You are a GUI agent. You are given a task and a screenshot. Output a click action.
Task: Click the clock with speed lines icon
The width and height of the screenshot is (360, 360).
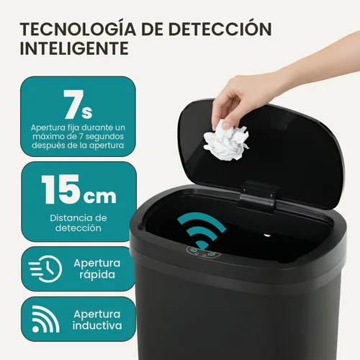(x=45, y=269)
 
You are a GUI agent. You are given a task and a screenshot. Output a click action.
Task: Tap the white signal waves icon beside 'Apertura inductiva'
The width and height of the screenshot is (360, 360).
(x=45, y=320)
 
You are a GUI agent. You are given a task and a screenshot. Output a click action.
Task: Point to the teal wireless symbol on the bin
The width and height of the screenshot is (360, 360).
(x=204, y=231)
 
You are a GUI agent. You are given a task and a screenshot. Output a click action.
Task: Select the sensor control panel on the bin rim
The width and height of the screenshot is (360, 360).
(x=202, y=252)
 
